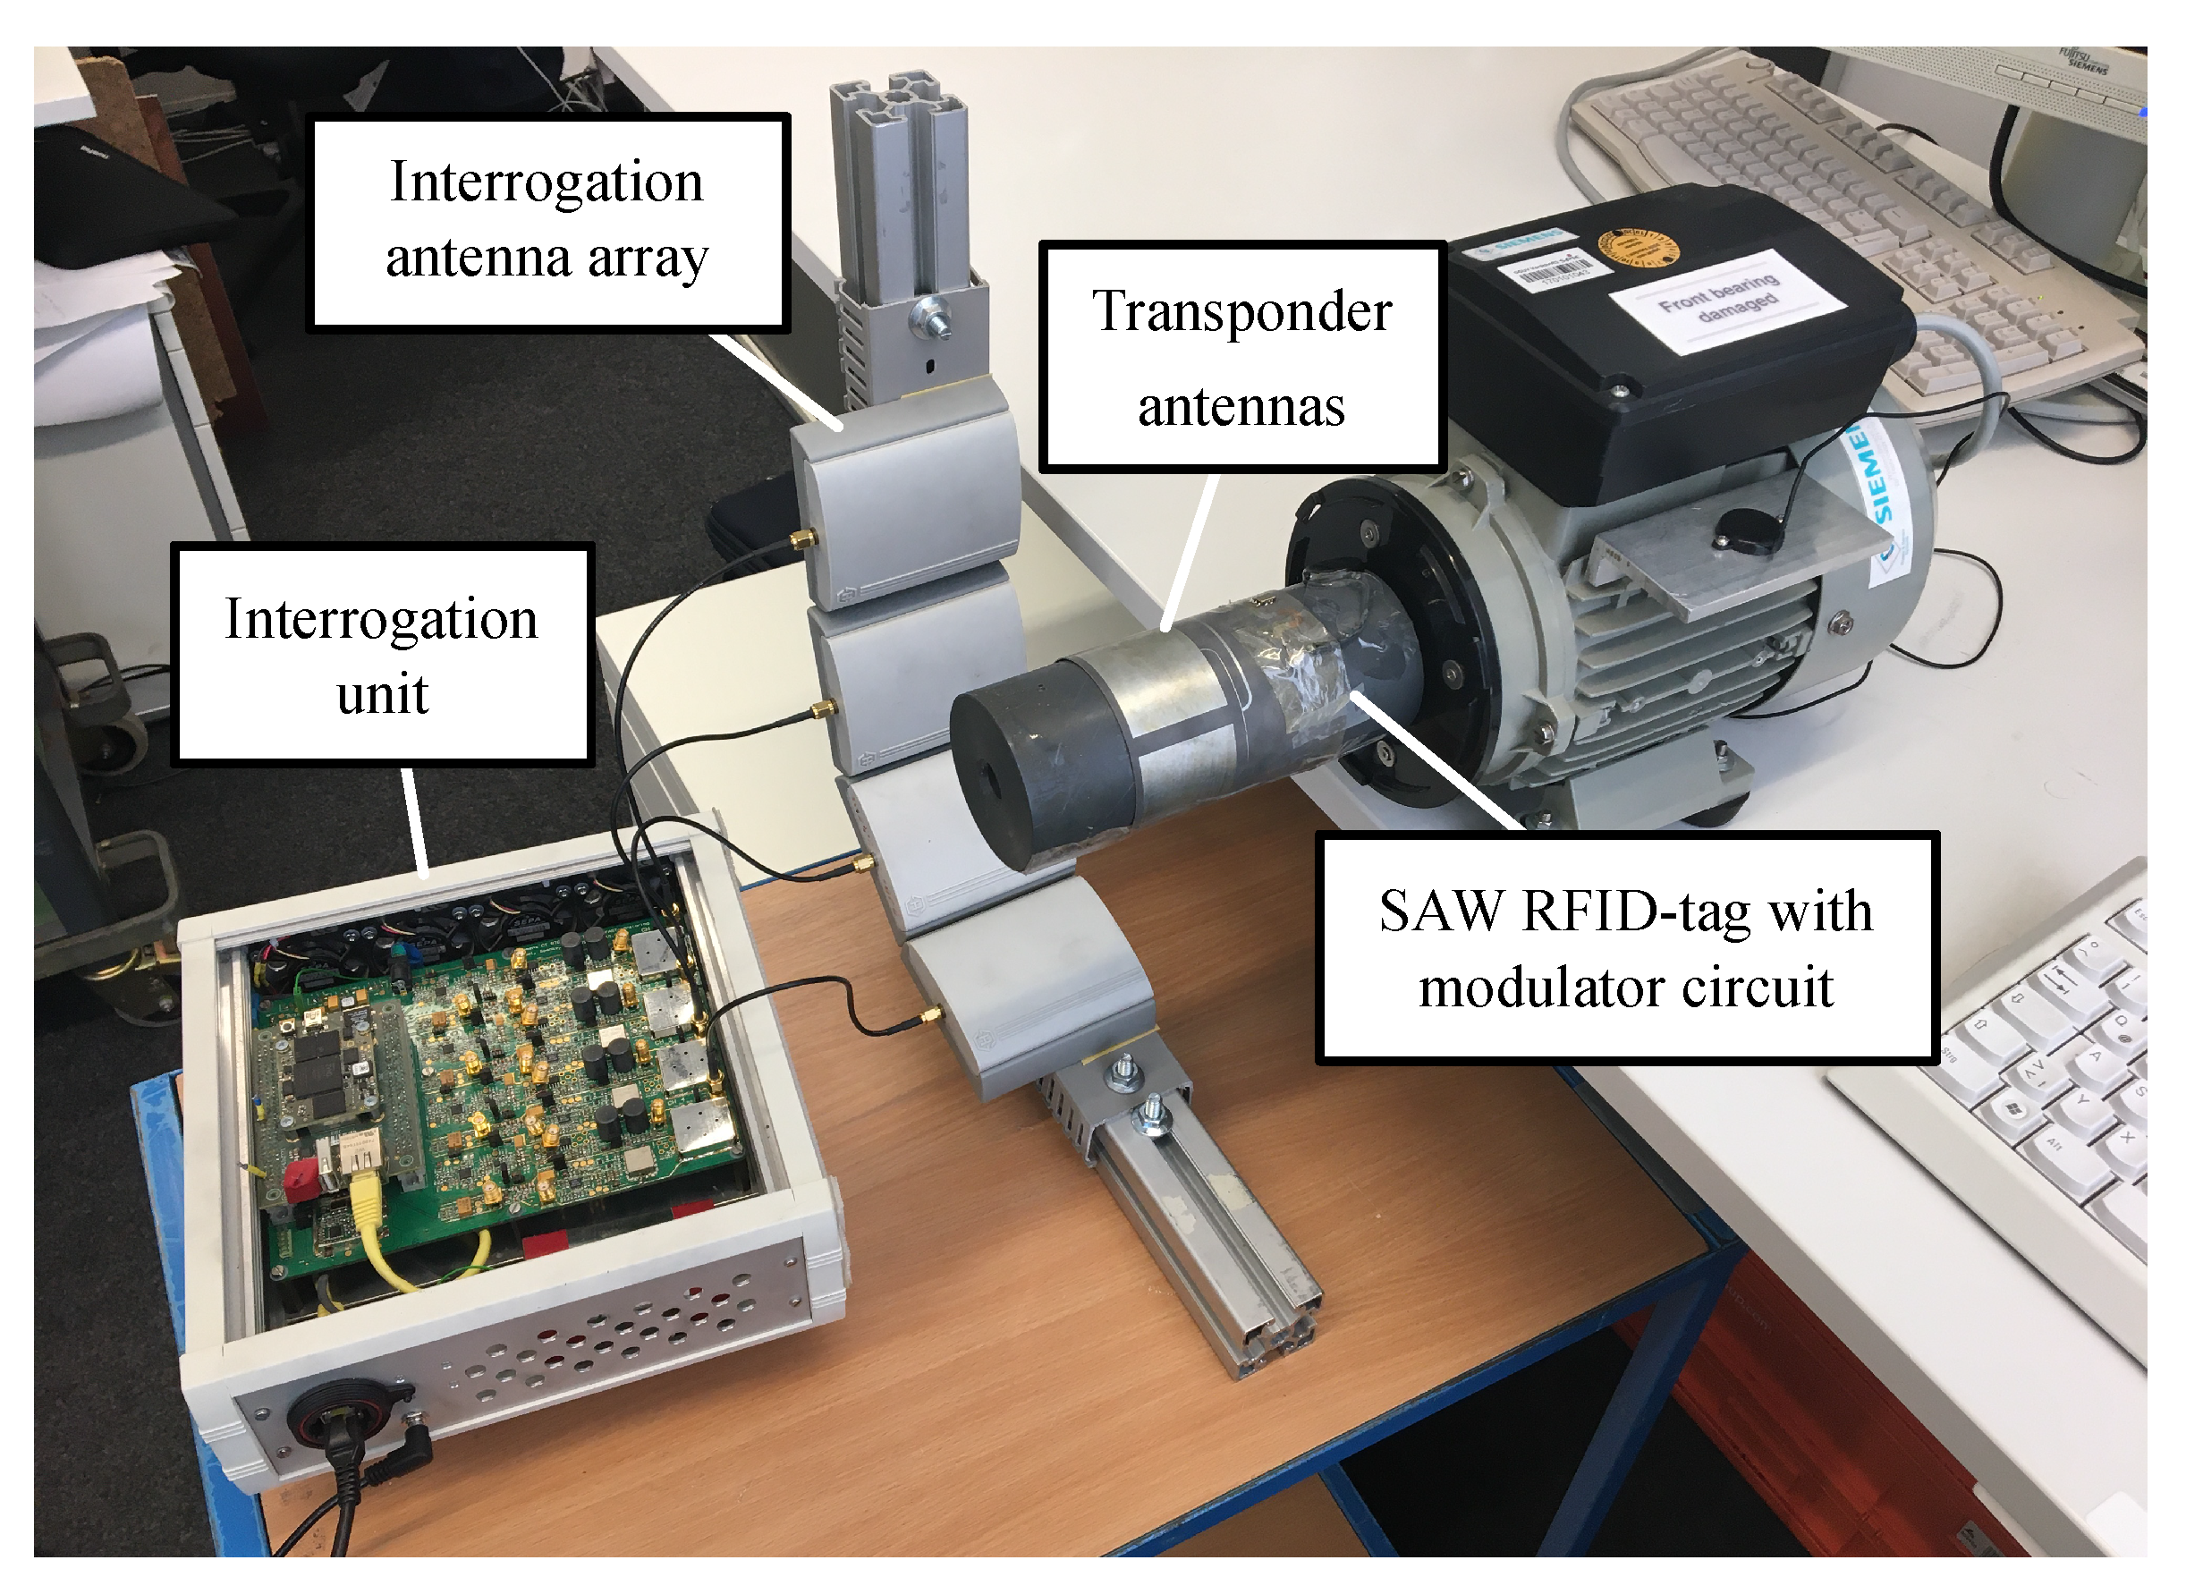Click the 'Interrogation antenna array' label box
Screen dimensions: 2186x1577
(x=547, y=222)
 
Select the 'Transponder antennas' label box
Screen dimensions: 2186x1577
(x=1241, y=357)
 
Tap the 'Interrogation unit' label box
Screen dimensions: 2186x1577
(x=382, y=655)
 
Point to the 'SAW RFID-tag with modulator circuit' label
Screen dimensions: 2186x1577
(x=1626, y=948)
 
